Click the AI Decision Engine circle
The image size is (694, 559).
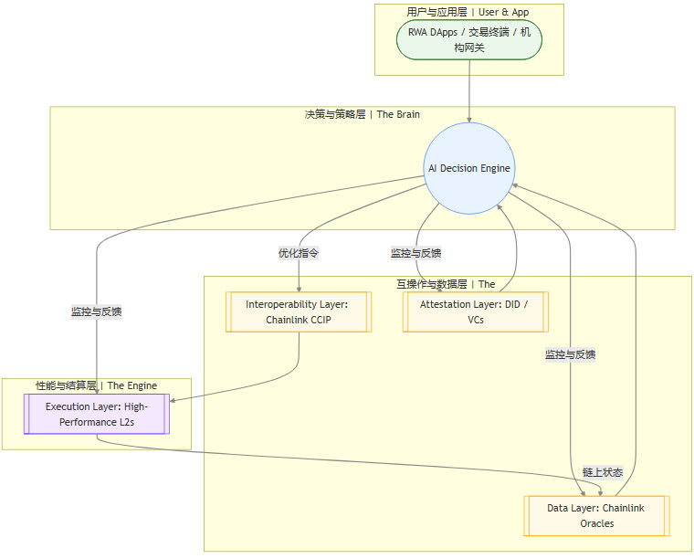coord(469,168)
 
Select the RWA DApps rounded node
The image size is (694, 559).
coord(469,40)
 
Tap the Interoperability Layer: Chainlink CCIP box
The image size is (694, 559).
coord(299,312)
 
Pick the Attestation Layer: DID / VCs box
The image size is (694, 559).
coord(475,312)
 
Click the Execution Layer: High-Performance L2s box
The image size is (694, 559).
coord(97,413)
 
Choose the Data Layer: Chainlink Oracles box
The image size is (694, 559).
coord(596,516)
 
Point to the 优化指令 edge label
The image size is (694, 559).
coord(299,253)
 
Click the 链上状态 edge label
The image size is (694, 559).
coord(603,472)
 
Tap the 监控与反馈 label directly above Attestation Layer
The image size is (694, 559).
coord(416,253)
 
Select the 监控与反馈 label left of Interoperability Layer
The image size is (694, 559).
coord(97,311)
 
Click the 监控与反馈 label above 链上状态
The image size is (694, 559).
coord(571,354)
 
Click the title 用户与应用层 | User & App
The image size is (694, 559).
coord(468,12)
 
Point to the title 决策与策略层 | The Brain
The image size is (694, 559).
coord(362,115)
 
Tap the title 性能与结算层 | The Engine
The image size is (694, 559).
coord(97,386)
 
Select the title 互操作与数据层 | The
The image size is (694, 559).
coord(446,284)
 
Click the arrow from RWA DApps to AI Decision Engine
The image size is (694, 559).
coord(469,91)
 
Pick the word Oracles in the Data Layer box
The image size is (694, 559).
coord(596,524)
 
